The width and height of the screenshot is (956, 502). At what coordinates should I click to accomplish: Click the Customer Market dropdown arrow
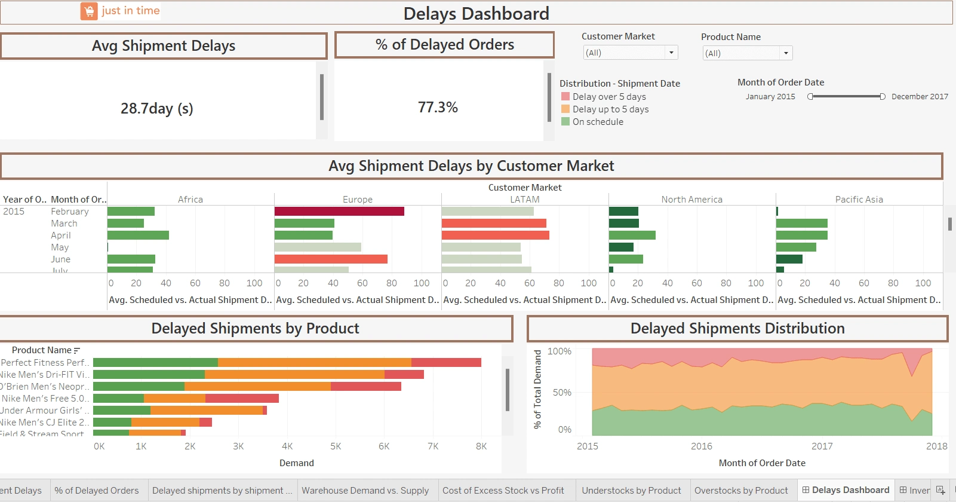(671, 53)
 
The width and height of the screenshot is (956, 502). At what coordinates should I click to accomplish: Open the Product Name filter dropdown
(786, 53)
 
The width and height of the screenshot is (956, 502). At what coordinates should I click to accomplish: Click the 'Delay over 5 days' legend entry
(609, 97)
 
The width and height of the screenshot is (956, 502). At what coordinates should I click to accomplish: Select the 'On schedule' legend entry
(598, 122)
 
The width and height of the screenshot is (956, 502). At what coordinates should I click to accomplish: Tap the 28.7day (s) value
(157, 108)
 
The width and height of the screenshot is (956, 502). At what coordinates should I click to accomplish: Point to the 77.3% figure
(438, 108)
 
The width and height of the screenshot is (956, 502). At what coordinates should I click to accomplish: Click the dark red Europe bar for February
(339, 212)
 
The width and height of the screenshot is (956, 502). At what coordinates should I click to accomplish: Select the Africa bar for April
(138, 235)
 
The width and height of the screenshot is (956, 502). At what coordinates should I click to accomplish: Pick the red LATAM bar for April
(496, 235)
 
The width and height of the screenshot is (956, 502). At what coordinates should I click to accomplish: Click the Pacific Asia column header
(859, 200)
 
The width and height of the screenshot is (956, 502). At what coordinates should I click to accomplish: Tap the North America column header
(691, 200)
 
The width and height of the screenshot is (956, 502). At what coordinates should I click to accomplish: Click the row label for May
(60, 247)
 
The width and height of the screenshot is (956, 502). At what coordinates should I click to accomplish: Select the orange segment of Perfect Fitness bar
(315, 363)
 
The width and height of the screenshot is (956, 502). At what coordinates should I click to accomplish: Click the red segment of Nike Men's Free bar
(242, 399)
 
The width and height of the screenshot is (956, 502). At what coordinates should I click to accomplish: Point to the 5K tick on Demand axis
(336, 446)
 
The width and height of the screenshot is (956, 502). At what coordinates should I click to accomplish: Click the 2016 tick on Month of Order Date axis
(702, 446)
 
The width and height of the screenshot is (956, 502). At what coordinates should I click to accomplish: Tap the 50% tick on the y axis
(562, 393)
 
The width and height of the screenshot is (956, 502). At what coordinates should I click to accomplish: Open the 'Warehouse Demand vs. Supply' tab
(365, 491)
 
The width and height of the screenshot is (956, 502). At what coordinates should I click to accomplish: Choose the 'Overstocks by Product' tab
(741, 491)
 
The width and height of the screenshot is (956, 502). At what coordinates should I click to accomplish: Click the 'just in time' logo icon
(89, 11)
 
